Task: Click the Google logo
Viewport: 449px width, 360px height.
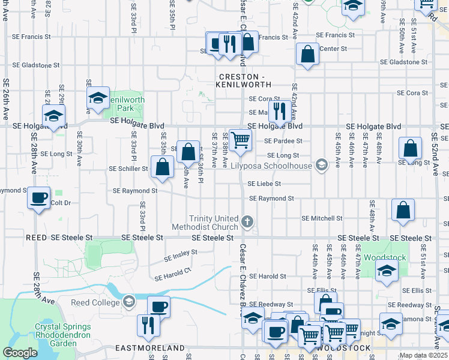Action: [20, 352]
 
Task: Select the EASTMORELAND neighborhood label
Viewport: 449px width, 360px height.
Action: [150, 348]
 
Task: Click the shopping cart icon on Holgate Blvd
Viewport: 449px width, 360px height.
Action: [240, 140]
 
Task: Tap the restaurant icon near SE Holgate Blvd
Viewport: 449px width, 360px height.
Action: [279, 111]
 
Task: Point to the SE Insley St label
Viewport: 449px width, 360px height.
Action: [181, 256]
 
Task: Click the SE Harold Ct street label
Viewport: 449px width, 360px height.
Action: [172, 274]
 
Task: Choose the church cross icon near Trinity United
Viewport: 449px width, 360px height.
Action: [247, 223]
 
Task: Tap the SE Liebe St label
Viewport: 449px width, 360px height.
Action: [265, 184]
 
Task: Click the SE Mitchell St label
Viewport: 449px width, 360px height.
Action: [322, 218]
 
